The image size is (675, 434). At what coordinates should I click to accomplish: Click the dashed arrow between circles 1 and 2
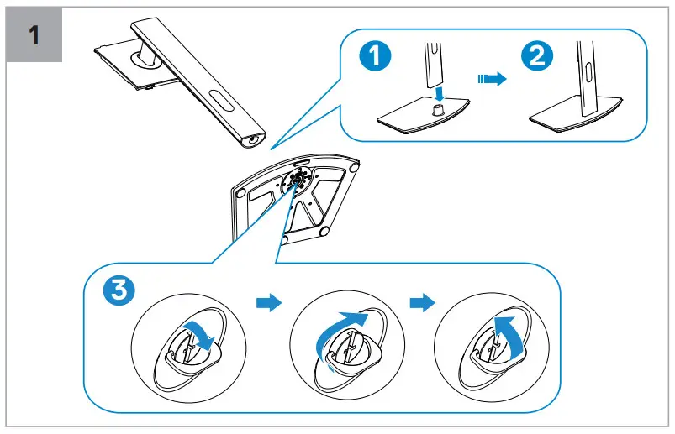click(491, 78)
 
